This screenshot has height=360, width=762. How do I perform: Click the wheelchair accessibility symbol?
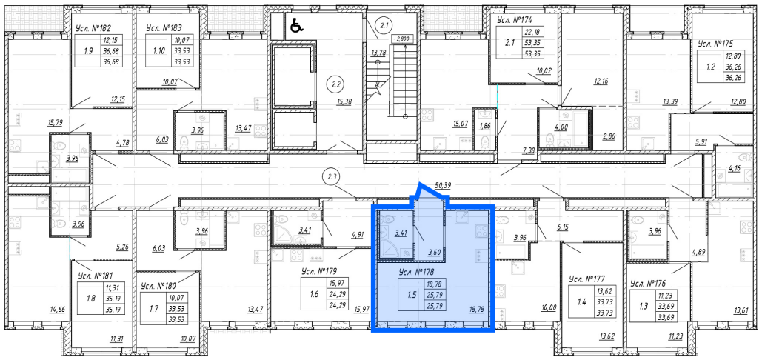(296, 25)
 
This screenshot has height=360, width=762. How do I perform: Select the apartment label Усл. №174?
(515, 20)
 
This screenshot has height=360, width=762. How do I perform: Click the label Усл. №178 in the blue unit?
(415, 273)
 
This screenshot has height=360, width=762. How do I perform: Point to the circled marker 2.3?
(332, 177)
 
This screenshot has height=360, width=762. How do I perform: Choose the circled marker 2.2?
(334, 84)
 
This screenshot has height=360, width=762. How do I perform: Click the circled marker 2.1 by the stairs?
(385, 24)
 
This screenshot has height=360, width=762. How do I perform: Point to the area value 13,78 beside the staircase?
(378, 53)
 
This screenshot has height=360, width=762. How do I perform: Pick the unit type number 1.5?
(412, 294)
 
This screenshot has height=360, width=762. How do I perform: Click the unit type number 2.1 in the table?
(509, 43)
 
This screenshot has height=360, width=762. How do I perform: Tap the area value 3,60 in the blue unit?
(434, 252)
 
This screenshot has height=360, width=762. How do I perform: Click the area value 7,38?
(528, 150)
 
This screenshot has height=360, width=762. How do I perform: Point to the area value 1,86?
(485, 126)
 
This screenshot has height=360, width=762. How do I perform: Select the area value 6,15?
(563, 227)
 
